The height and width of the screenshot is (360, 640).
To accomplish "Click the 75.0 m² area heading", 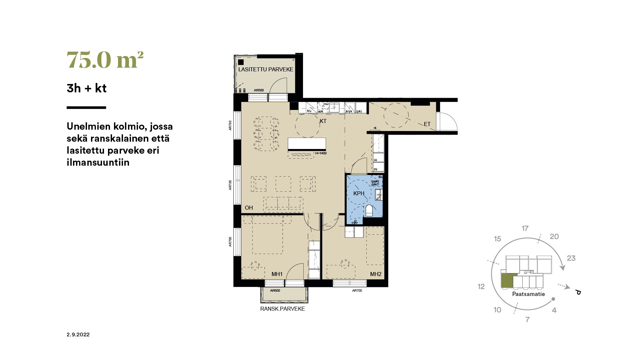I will tap(105, 60).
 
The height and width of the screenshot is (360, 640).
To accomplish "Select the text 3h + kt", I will tap(87, 88).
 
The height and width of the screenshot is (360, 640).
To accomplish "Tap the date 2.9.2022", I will tap(78, 335).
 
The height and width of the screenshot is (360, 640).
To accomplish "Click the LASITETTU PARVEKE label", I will tap(266, 69).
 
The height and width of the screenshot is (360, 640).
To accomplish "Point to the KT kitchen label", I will tap(323, 121).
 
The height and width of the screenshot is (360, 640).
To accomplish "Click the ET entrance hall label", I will tap(427, 124).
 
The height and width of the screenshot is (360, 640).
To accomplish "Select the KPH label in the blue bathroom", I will tap(359, 193).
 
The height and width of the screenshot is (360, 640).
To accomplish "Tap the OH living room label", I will tap(249, 208).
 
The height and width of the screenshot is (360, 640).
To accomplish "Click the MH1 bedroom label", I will tap(277, 274).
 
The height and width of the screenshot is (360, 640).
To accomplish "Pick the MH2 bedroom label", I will tap(376, 274).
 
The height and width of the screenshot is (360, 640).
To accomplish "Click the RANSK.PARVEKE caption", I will tap(282, 309).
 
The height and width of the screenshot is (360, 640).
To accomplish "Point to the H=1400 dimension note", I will tap(321, 153).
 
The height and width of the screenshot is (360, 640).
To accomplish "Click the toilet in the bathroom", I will tap(369, 210).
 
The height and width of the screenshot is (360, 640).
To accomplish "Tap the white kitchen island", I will tap(307, 144).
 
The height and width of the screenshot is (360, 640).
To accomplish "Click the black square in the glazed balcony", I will tap(241, 62).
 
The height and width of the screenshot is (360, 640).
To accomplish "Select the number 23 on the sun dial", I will tap(571, 258).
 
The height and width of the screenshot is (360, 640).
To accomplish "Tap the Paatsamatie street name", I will tap(528, 294).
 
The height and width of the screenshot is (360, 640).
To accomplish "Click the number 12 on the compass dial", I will tap(481, 286).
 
